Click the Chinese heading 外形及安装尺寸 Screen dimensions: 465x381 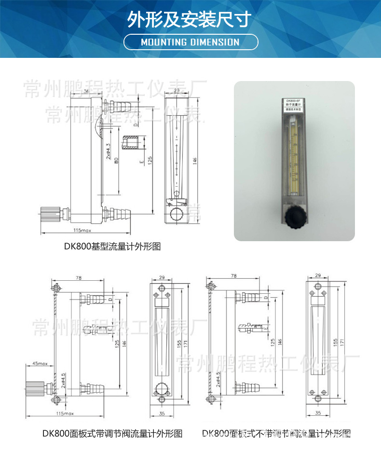pos(190,20)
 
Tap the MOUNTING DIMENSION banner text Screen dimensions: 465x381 pos(190,42)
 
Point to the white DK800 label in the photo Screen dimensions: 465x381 pos(294,105)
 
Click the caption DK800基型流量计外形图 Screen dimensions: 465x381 pos(112,246)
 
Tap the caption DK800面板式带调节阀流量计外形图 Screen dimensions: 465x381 pos(112,434)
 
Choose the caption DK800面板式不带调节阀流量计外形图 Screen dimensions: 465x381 pos(276,434)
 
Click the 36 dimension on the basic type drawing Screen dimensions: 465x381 pos(86,91)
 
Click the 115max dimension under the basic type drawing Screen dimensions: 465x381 pos(79,231)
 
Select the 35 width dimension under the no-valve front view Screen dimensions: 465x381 pos(318,413)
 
